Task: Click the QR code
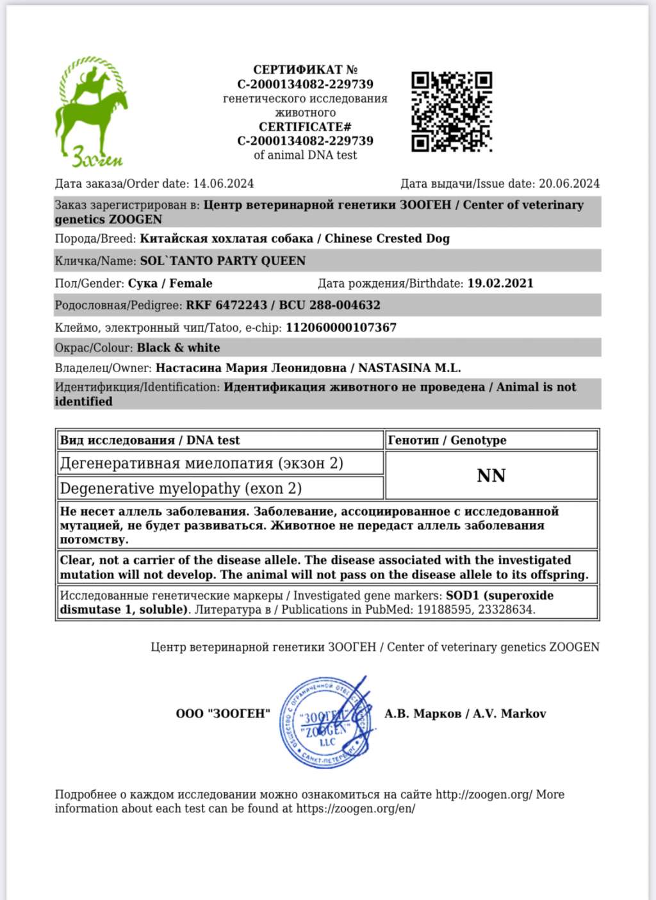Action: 451,111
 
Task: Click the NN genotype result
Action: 491,475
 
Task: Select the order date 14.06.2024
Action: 223,184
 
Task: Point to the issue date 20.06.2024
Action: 569,184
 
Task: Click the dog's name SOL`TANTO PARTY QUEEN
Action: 222,261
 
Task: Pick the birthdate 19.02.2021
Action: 500,283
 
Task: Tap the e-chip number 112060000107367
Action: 341,327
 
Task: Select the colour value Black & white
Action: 178,348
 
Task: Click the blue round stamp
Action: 326,722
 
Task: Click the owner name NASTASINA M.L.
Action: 409,368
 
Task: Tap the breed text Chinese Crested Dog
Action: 387,238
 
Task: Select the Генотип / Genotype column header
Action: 447,440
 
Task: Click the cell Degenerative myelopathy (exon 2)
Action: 181,488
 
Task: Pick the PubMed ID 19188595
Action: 443,609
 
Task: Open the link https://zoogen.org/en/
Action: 356,808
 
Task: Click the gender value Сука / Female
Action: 170,283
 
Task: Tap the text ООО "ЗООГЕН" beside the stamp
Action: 223,714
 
